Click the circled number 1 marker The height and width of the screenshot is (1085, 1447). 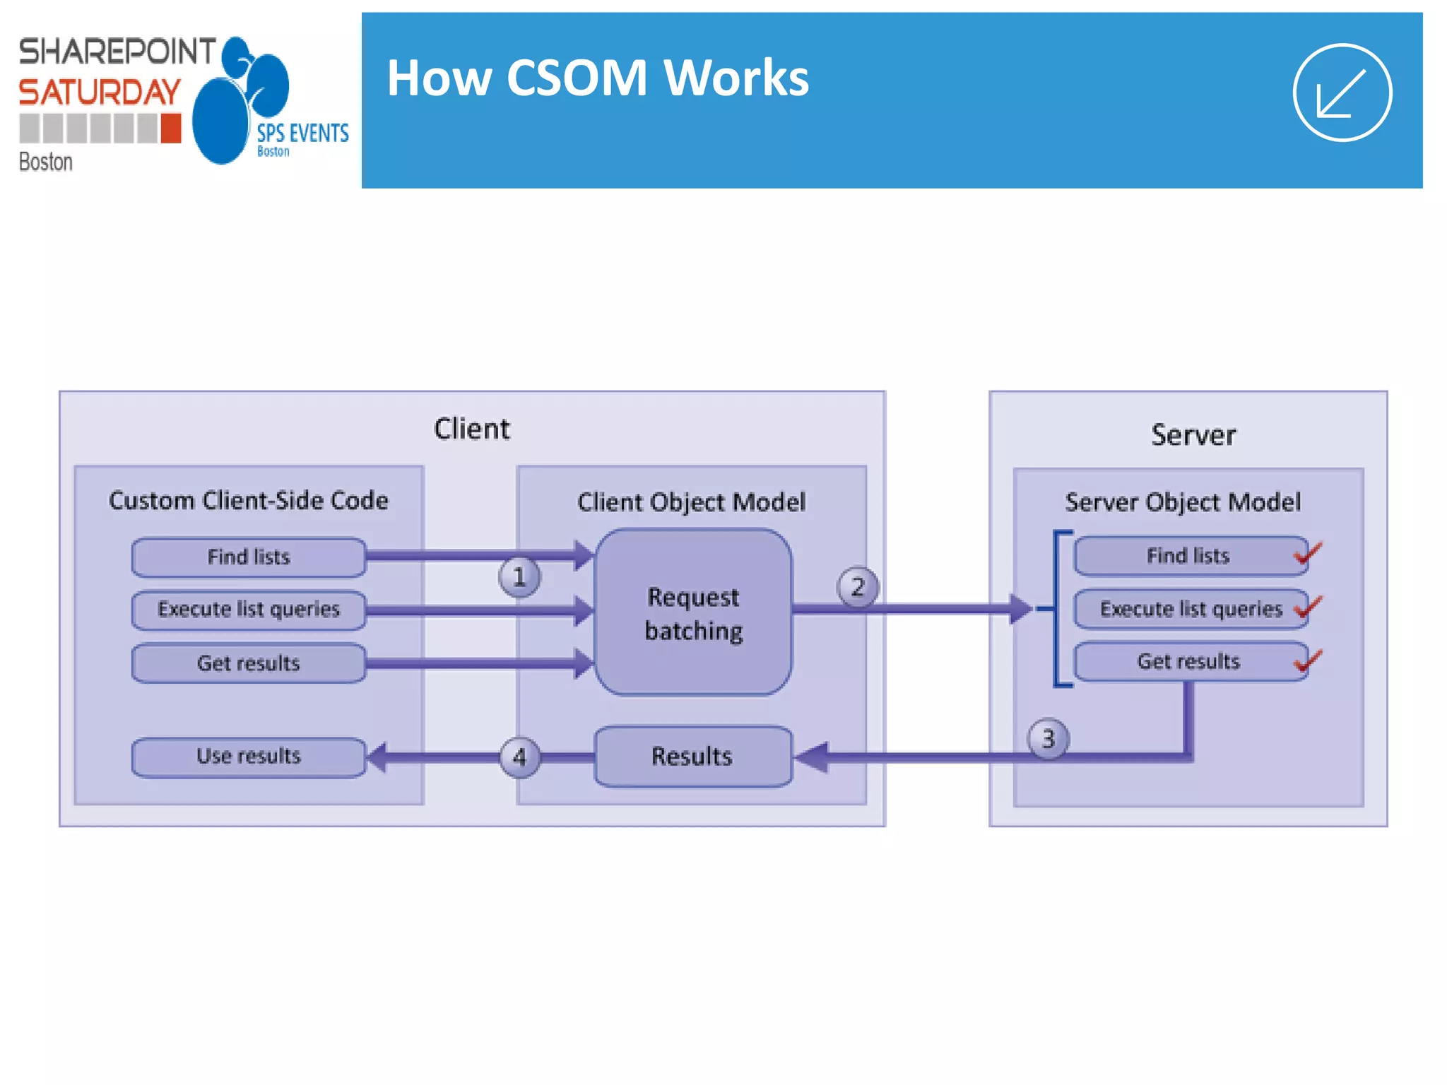519,576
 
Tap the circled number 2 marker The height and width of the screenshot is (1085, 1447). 858,586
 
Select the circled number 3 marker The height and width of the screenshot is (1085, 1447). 1048,739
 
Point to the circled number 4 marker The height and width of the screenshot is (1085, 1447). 519,757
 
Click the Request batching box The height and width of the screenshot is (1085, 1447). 693,612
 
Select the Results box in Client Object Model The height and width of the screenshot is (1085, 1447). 693,757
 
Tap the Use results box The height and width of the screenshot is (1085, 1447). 249,757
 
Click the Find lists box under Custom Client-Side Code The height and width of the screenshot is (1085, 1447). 249,557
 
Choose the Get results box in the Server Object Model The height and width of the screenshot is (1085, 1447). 1189,661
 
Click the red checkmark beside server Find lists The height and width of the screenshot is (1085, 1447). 1308,553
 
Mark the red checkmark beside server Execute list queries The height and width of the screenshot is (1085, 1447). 1308,607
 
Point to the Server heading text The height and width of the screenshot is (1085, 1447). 1193,435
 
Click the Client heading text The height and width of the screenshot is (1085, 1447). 471,429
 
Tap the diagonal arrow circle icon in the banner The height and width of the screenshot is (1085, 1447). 1342,93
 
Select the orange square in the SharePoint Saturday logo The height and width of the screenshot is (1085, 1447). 170,129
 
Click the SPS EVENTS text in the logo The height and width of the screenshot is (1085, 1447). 302,133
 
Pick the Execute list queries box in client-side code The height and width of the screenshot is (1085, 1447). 249,610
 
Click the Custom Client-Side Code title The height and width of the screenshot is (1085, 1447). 248,500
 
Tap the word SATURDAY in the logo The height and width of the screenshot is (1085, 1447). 100,93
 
